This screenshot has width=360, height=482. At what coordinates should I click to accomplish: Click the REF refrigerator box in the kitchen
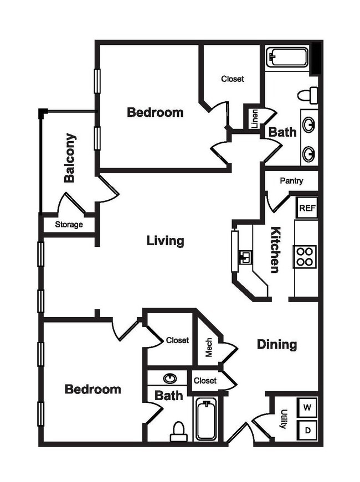click(306, 208)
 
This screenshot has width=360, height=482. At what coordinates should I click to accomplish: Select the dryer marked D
click(307, 429)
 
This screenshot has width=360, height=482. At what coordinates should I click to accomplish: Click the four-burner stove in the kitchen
click(305, 257)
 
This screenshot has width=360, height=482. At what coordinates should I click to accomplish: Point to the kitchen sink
click(244, 257)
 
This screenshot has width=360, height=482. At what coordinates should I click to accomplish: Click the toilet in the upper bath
click(308, 95)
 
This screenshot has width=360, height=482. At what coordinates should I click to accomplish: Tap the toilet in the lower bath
click(178, 432)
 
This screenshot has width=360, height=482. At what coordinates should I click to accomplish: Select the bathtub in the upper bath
click(287, 58)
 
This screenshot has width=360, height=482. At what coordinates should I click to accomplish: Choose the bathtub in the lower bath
click(206, 420)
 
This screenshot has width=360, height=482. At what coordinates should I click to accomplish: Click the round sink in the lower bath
click(171, 379)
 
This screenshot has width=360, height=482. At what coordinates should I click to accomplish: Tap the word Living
click(165, 241)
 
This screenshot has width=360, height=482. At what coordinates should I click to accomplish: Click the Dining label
click(277, 345)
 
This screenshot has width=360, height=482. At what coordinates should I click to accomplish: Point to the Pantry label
click(291, 181)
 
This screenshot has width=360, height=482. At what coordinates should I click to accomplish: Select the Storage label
click(69, 225)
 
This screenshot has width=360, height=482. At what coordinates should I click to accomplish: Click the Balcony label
click(70, 158)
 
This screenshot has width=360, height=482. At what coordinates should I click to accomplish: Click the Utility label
click(284, 419)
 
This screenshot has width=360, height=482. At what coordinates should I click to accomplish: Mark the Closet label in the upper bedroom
click(233, 79)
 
